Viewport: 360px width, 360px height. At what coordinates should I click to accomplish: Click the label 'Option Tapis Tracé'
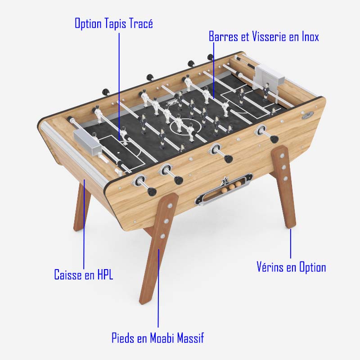(114, 24)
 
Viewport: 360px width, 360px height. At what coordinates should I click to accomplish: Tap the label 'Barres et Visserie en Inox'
(264, 36)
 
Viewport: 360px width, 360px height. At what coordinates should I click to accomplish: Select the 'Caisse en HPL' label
(84, 274)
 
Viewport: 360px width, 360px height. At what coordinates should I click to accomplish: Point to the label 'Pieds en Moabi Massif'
(158, 338)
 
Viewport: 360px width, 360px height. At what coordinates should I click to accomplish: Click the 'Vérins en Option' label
(291, 267)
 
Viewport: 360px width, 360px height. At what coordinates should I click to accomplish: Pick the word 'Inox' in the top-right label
(310, 36)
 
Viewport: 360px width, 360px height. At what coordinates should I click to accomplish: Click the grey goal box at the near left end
(87, 143)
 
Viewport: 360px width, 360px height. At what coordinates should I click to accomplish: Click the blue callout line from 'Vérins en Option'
(290, 243)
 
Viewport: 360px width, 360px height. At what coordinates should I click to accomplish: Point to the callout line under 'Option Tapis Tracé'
(119, 86)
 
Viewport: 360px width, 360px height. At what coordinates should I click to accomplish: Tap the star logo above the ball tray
(224, 181)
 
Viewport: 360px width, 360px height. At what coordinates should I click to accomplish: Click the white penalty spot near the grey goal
(118, 153)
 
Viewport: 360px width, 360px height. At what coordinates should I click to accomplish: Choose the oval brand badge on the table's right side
(308, 115)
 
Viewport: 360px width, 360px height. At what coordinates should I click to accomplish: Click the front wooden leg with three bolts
(159, 248)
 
